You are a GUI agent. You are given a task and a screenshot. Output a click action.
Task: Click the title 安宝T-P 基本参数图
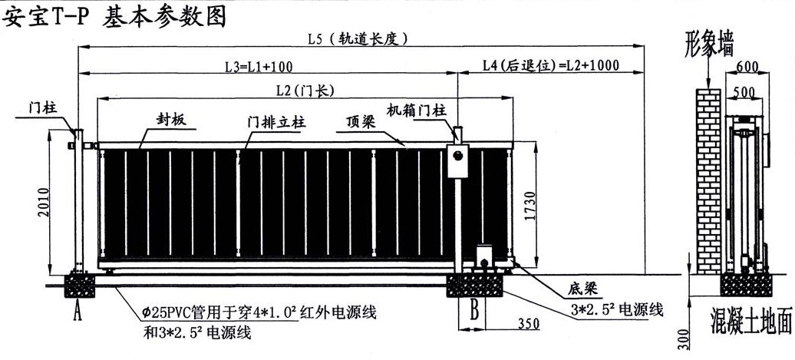115,17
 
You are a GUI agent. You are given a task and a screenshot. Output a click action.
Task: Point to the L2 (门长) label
305,91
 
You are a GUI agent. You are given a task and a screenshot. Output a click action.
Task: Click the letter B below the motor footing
474,312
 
